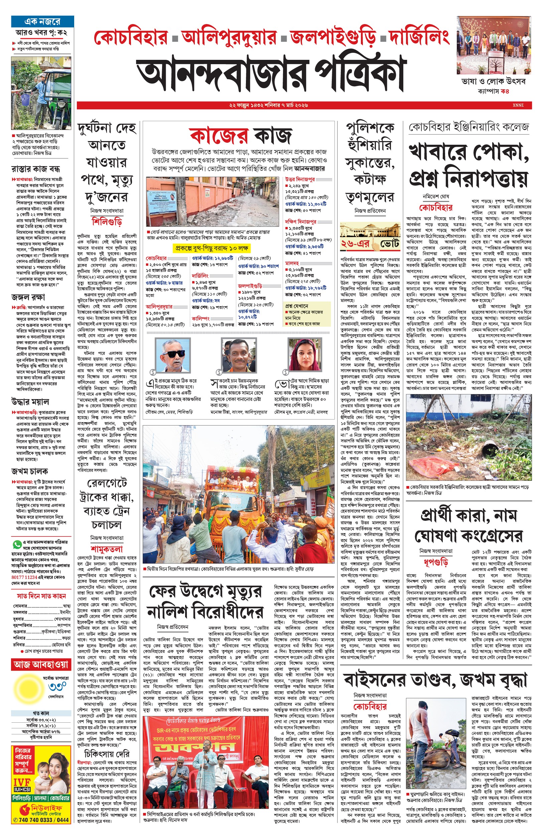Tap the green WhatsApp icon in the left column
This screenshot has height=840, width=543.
(x=17, y=545)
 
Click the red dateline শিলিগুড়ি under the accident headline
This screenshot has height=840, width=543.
(x=107, y=222)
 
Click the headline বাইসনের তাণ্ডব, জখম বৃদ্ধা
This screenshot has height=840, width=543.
(x=435, y=680)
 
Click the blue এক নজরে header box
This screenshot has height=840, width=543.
(x=42, y=21)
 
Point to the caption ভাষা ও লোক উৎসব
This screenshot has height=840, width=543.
(x=493, y=82)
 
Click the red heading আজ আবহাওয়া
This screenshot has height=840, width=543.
(x=41, y=665)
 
